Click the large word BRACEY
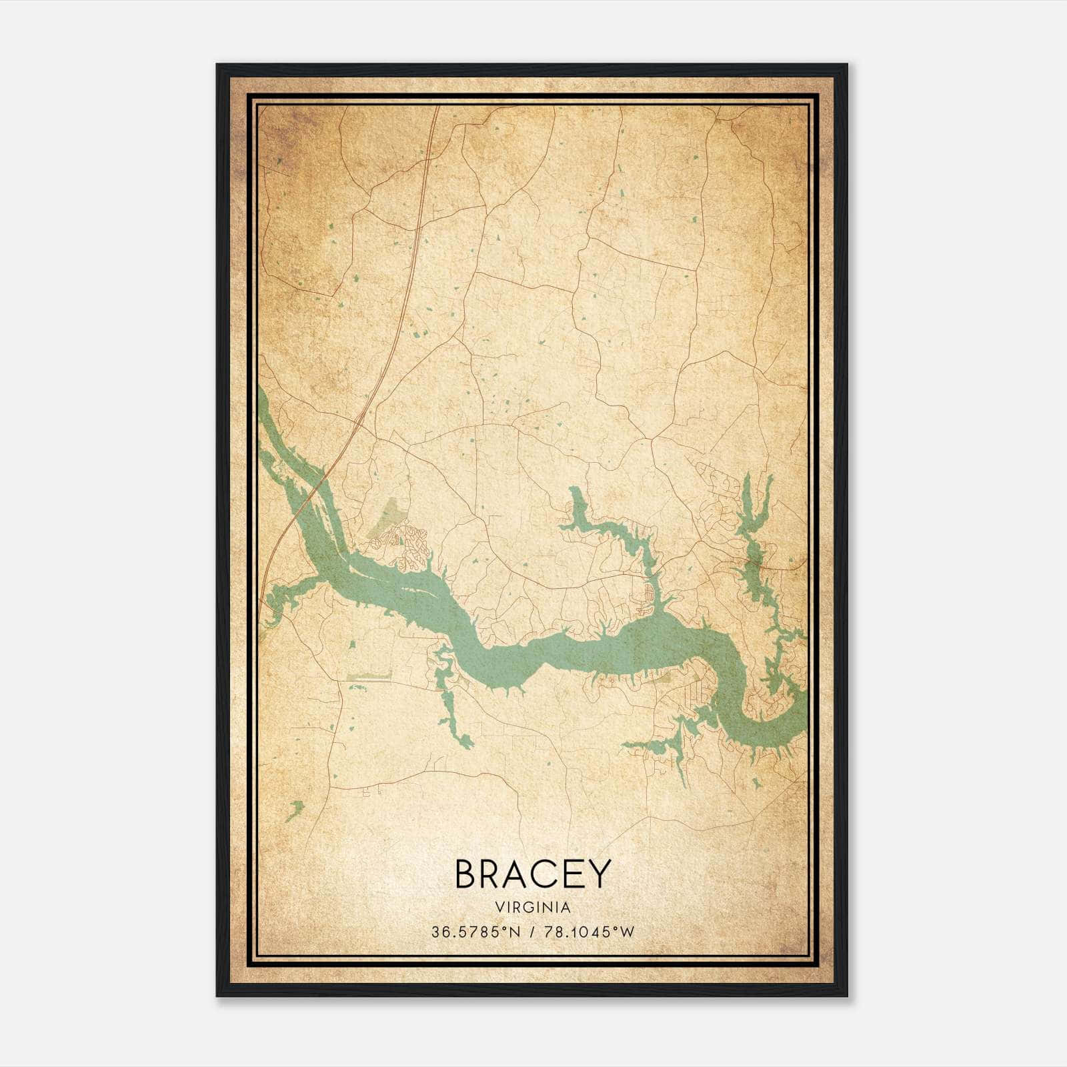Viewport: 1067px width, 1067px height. tap(532, 874)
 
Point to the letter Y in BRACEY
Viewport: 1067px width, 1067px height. tap(598, 874)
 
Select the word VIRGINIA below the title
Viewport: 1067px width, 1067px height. tap(533, 908)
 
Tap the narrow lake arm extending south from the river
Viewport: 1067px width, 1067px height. tap(450, 707)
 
